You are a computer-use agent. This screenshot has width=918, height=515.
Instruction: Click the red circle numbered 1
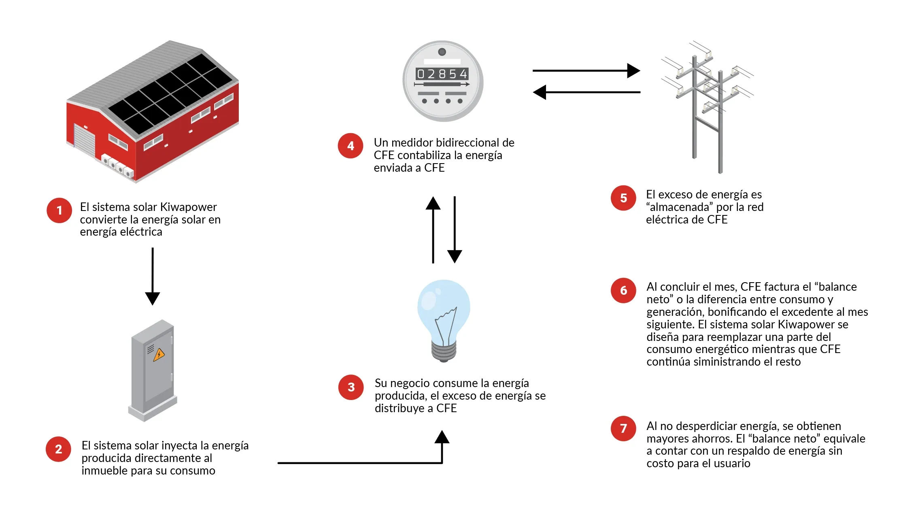tap(59, 211)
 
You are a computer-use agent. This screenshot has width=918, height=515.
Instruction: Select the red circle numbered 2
tap(59, 449)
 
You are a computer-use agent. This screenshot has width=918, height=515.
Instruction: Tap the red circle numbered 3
tap(351, 387)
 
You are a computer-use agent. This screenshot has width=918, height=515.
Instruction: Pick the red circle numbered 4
tap(351, 146)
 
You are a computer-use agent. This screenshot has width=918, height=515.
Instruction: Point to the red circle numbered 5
tap(623, 198)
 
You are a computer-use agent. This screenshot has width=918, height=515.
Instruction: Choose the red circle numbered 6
tap(623, 290)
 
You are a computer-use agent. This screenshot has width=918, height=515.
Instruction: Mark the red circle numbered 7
tap(623, 428)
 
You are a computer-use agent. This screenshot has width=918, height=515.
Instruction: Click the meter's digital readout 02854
tap(442, 74)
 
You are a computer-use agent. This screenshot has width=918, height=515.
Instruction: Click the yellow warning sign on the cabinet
tap(159, 355)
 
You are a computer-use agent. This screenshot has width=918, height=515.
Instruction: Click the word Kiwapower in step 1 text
tap(188, 207)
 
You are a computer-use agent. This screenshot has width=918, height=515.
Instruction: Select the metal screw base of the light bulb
tap(444, 351)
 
